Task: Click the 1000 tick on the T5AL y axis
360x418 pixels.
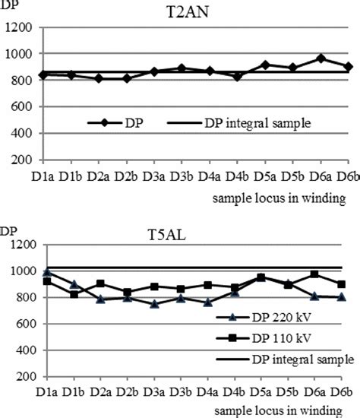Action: pyautogui.click(x=22, y=271)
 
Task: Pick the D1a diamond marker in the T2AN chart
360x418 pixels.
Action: pyautogui.click(x=46, y=74)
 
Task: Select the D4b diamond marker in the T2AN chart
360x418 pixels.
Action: pyautogui.click(x=238, y=77)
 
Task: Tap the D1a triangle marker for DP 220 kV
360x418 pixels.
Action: pyautogui.click(x=46, y=271)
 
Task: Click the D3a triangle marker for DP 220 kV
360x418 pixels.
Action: pyautogui.click(x=155, y=304)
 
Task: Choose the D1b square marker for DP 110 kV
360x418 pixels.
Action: pyautogui.click(x=73, y=294)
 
